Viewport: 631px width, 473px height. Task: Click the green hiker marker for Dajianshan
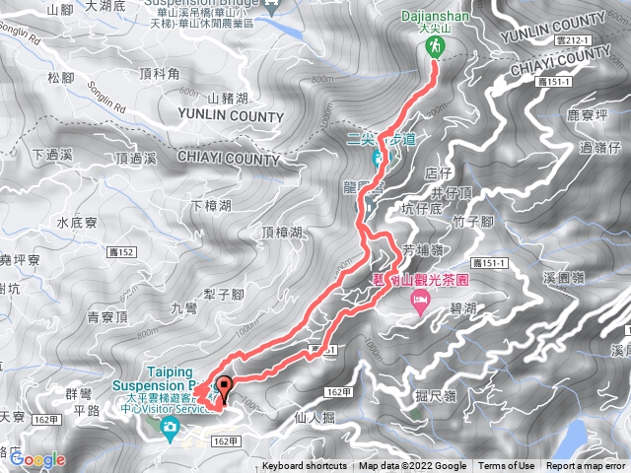tap(434, 42)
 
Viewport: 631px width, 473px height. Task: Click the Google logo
tap(37, 459)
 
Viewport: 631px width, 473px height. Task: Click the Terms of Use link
tap(507, 466)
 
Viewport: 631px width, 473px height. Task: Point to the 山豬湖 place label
tap(229, 97)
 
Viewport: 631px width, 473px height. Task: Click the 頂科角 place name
tap(159, 72)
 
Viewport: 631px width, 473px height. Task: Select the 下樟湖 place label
tap(210, 206)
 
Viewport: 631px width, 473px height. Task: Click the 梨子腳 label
tap(224, 294)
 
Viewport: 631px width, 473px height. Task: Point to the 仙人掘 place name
tap(315, 418)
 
